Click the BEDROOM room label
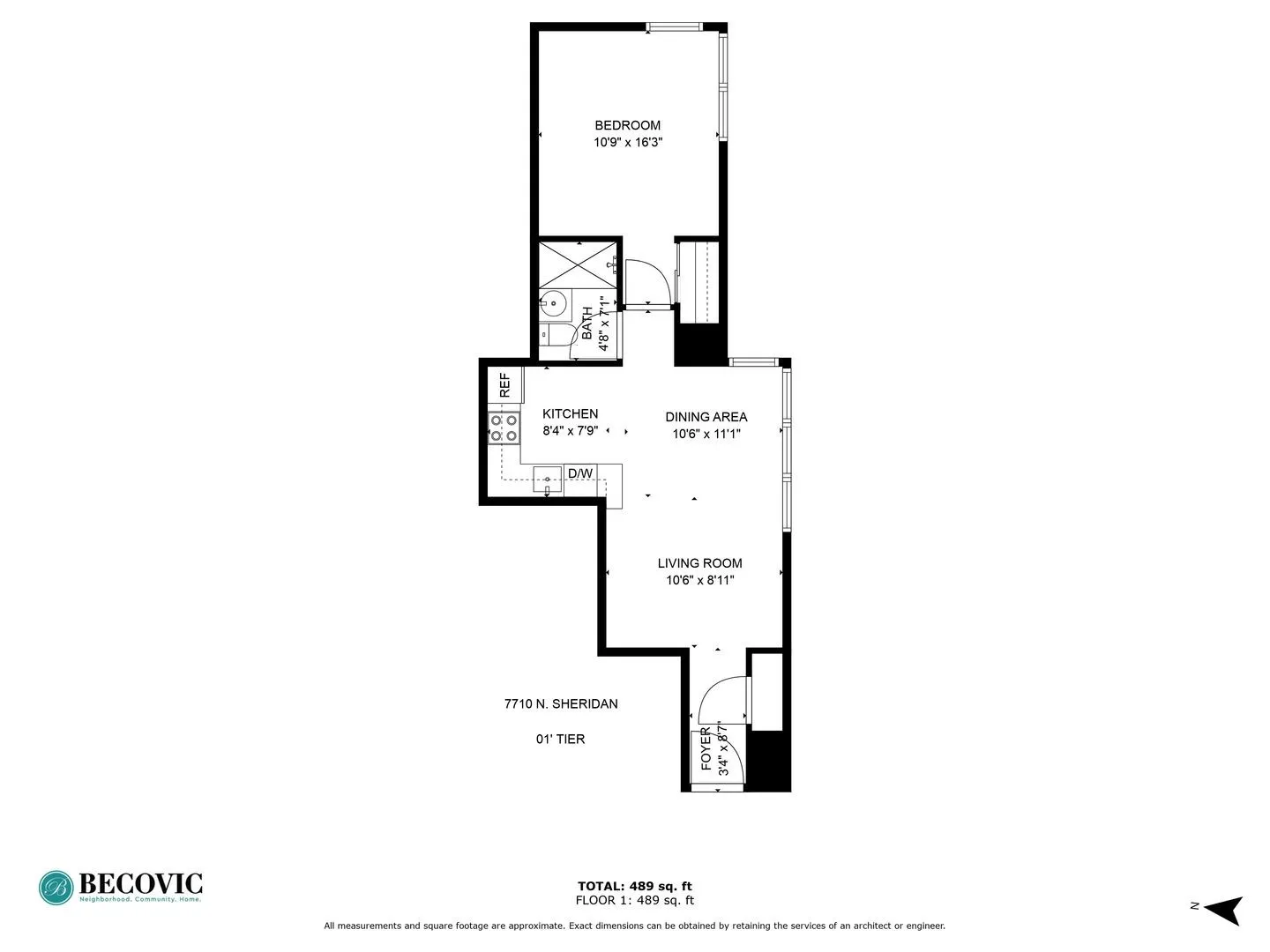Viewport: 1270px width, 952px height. [627, 125]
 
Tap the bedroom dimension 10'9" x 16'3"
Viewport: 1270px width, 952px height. [627, 142]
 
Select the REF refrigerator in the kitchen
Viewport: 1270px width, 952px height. [505, 385]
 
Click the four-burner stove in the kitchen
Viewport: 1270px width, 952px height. [504, 428]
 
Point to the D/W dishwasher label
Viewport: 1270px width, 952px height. [579, 473]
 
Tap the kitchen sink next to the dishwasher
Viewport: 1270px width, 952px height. [547, 480]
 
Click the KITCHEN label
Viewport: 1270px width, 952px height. [570, 413]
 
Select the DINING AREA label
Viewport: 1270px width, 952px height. [706, 416]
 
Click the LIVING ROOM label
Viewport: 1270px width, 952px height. [699, 562]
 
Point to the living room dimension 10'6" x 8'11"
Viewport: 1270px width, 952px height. [699, 580]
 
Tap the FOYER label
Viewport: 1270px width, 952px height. [706, 749]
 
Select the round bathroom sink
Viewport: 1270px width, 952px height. [554, 303]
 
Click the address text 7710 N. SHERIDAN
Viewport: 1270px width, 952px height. [561, 703]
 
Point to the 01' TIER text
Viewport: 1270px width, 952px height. [561, 739]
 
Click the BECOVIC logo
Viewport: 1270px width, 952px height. [121, 887]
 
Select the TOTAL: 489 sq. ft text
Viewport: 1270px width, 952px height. [634, 886]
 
